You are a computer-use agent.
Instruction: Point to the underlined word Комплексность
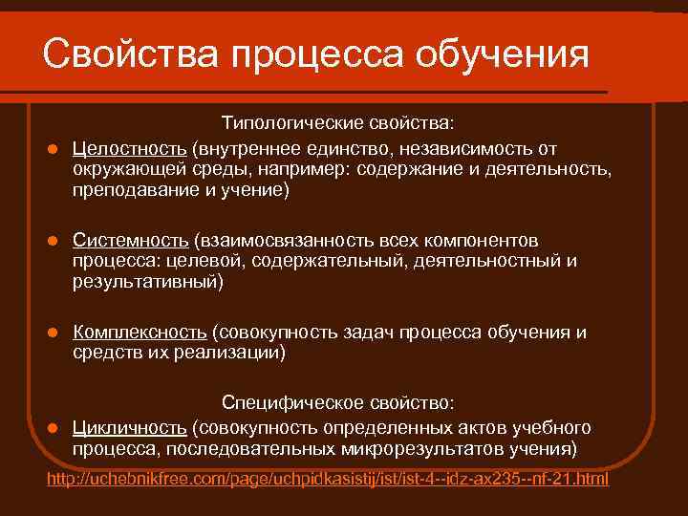point(140,333)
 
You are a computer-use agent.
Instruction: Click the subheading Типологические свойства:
point(338,125)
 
